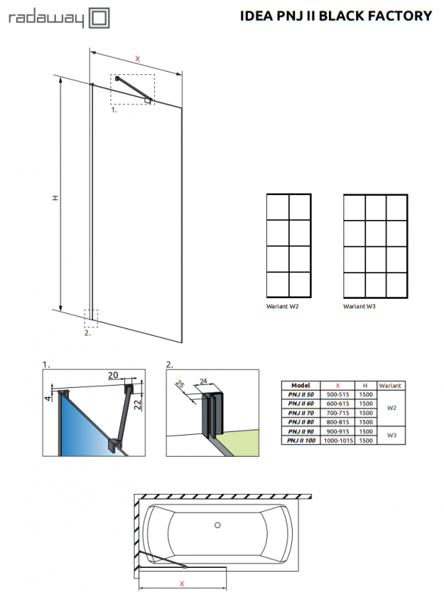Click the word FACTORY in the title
coord(399,14)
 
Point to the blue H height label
coord(54,197)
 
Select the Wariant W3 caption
coord(360,307)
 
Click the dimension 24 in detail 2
coord(202,382)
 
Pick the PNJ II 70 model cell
coord(300,413)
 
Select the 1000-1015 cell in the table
coord(338,439)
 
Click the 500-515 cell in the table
coord(338,395)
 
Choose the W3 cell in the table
coord(390,435)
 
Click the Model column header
coord(300,385)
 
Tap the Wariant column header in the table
coord(390,385)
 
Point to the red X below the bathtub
coord(182,583)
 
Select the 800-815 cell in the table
coord(338,422)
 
